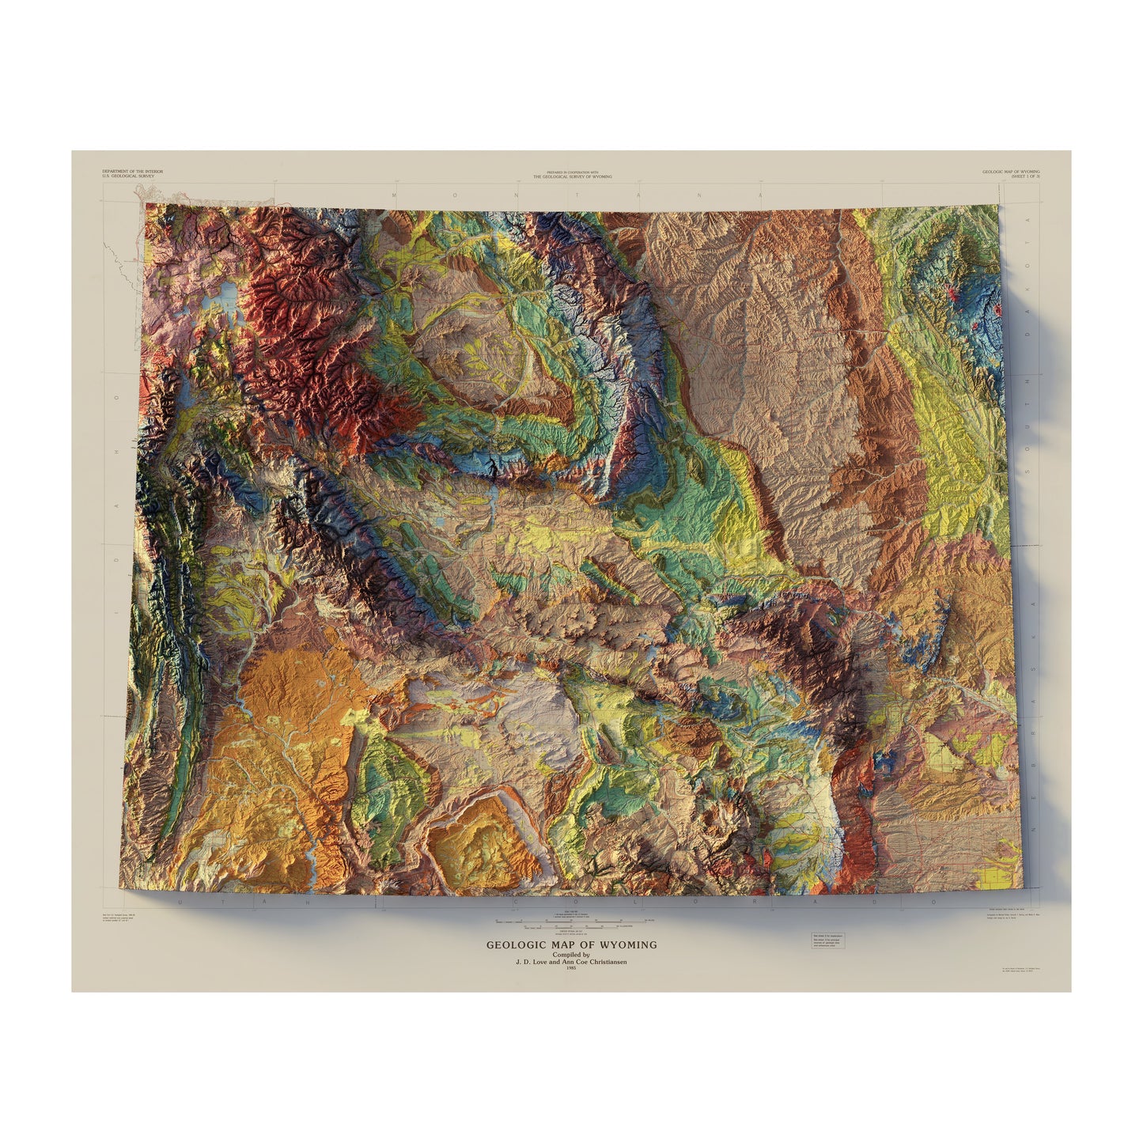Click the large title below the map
[571, 944]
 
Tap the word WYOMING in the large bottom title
[629, 944]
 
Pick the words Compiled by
[571, 955]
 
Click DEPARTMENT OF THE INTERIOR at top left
[133, 171]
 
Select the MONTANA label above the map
[577, 194]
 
